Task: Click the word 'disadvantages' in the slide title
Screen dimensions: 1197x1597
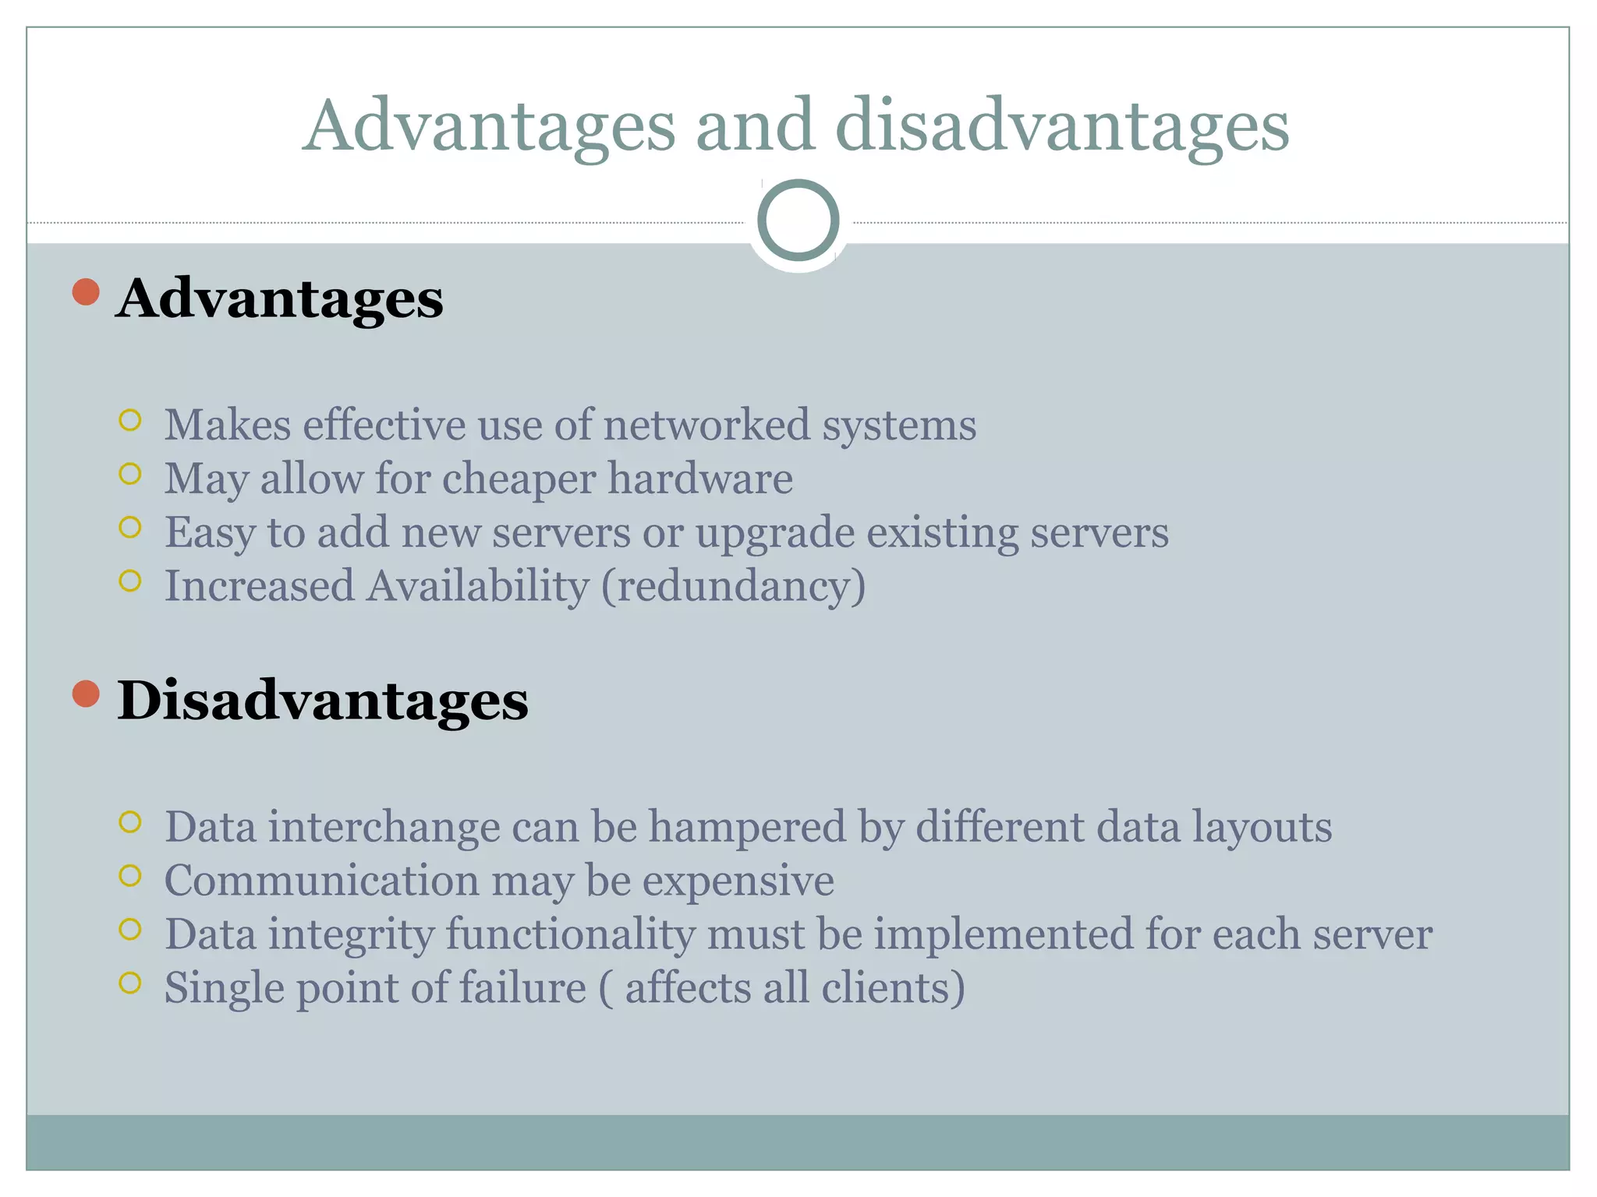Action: (1062, 127)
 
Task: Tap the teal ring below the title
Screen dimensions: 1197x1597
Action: (798, 221)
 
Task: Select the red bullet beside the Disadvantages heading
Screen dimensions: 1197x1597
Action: (86, 693)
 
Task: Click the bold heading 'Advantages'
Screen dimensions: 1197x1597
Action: (280, 298)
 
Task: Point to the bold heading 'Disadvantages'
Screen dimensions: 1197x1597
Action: (323, 700)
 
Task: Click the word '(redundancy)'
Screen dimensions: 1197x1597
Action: (733, 586)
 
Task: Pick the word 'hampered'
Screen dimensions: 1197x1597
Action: (747, 827)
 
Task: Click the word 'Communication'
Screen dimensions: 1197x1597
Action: (322, 881)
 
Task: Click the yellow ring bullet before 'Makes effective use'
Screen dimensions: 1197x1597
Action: (130, 421)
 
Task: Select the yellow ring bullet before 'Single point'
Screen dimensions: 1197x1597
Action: (130, 983)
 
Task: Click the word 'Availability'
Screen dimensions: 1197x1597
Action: (478, 586)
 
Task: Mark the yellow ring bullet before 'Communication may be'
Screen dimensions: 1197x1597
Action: (130, 876)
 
